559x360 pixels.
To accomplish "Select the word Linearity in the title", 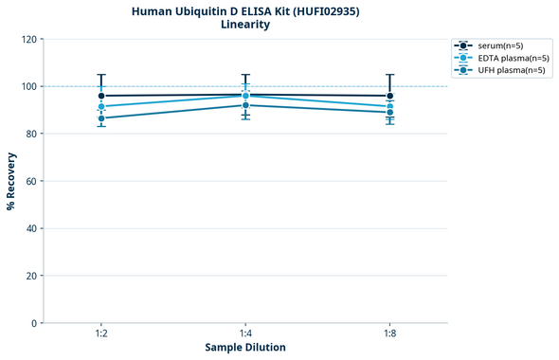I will click(244, 25).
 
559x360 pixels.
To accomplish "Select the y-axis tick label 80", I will click(30, 134).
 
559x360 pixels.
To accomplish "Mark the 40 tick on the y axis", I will click(30, 228).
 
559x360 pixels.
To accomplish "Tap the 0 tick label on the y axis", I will click(33, 323).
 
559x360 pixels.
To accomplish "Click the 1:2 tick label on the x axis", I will click(101, 333).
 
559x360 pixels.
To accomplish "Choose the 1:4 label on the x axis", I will click(245, 333).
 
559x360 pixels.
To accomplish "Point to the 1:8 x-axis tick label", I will click(389, 333).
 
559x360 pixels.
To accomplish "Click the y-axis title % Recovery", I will click(11, 181).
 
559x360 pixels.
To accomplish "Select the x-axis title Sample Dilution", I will click(245, 348).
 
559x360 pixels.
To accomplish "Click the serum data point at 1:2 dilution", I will click(101, 96).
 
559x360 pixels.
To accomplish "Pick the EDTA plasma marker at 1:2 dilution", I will click(101, 107).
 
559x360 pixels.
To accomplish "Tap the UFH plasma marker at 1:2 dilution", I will click(101, 118).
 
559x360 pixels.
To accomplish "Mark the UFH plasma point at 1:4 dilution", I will click(245, 105).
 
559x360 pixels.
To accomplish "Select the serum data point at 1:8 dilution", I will click(389, 96).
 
